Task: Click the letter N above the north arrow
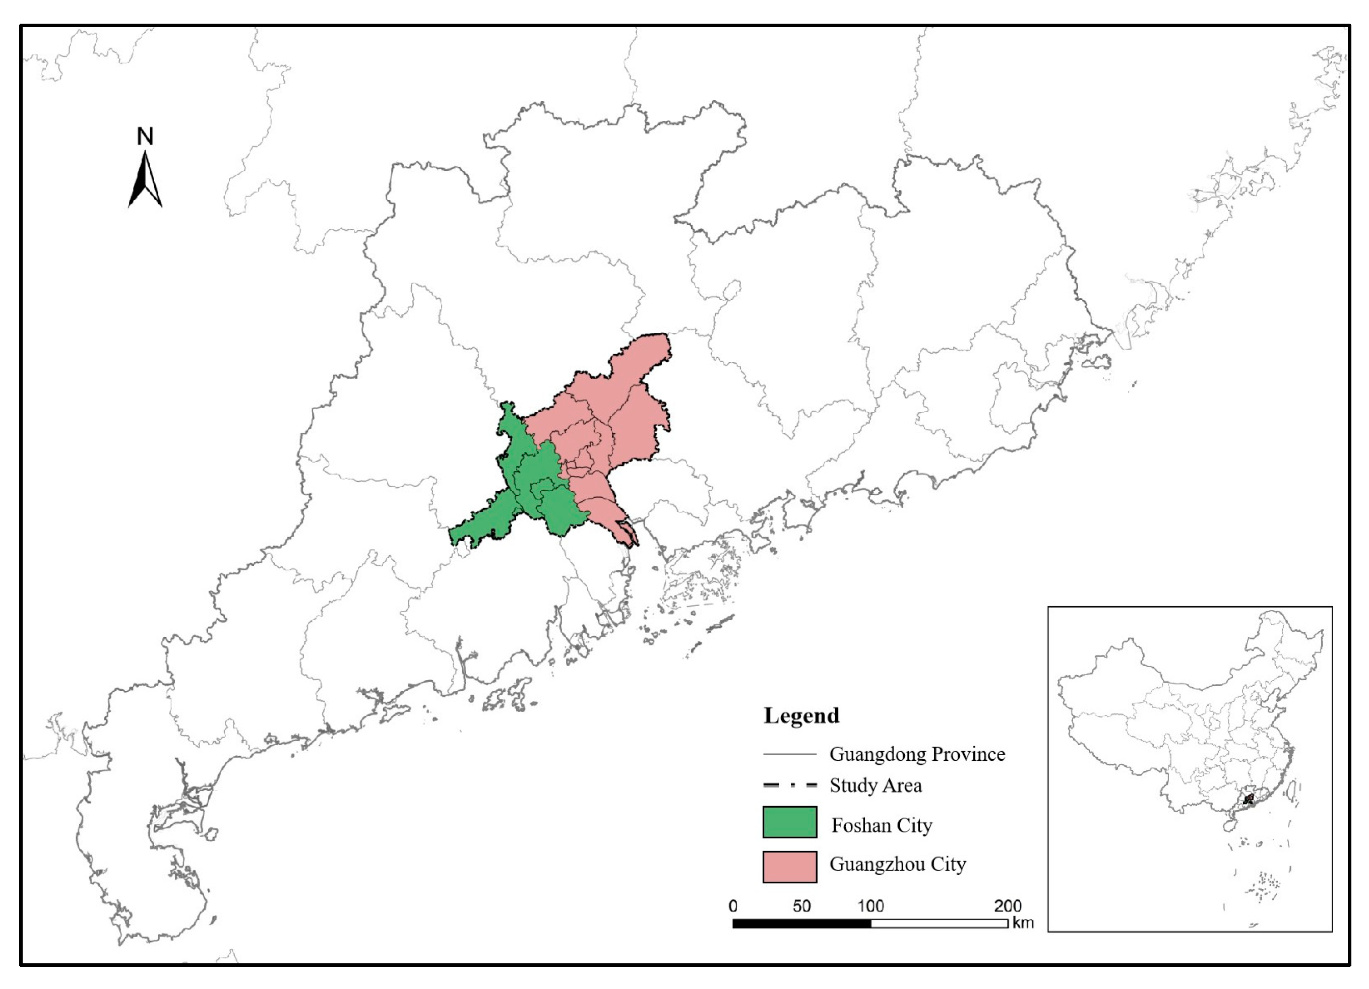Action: click(145, 137)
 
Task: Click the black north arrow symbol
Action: click(145, 180)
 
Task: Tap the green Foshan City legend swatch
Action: click(789, 822)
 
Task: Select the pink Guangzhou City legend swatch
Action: click(789, 867)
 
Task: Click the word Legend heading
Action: click(801, 715)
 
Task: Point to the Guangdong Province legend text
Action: click(917, 754)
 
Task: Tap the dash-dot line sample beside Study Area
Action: click(789, 785)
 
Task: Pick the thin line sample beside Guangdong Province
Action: click(789, 754)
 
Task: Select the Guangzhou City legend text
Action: click(898, 864)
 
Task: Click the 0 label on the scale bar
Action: click(733, 906)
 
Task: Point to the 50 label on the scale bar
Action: click(801, 906)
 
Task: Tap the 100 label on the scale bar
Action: click(870, 906)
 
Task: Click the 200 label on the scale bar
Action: click(1008, 906)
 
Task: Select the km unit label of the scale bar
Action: click(1023, 922)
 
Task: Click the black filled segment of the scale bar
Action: click(801, 923)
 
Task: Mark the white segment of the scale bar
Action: click(939, 923)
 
